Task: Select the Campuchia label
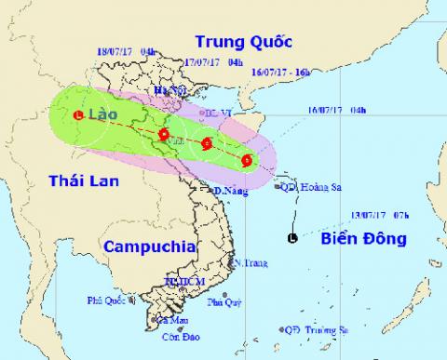click(x=149, y=247)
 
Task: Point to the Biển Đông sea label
click(x=364, y=239)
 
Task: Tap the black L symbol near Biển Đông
click(x=293, y=240)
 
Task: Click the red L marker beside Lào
click(x=77, y=115)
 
